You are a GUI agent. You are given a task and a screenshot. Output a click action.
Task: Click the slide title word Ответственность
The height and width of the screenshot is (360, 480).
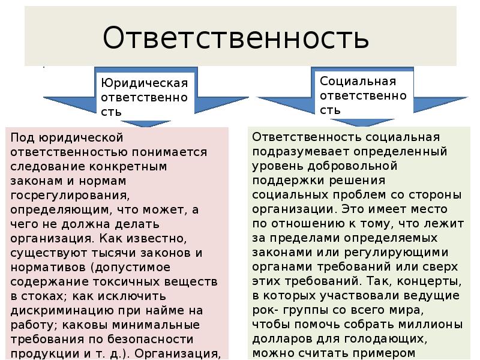tap(235, 38)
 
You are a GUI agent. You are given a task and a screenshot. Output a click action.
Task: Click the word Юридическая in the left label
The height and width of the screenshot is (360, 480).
tap(144, 82)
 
